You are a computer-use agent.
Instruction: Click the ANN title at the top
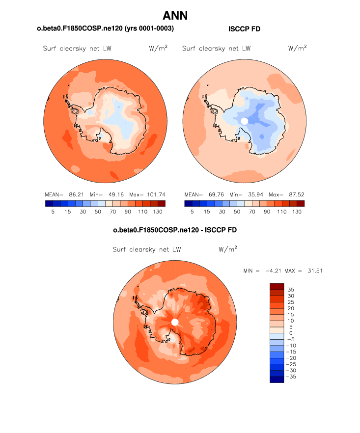pos(175,16)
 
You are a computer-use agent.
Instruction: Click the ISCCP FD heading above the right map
pos(244,29)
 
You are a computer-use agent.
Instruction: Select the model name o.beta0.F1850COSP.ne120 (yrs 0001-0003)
pos(106,29)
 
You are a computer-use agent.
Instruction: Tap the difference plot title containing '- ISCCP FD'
pos(175,230)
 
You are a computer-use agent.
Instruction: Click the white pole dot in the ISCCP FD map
pos(244,121)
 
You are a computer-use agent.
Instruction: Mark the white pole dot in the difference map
pos(175,322)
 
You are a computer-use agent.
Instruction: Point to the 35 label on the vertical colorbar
pos(291,290)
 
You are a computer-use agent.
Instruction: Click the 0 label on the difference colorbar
pos(290,333)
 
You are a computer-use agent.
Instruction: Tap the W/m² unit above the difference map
pos(228,249)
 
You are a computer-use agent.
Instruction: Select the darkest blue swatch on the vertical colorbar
pos(277,379)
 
